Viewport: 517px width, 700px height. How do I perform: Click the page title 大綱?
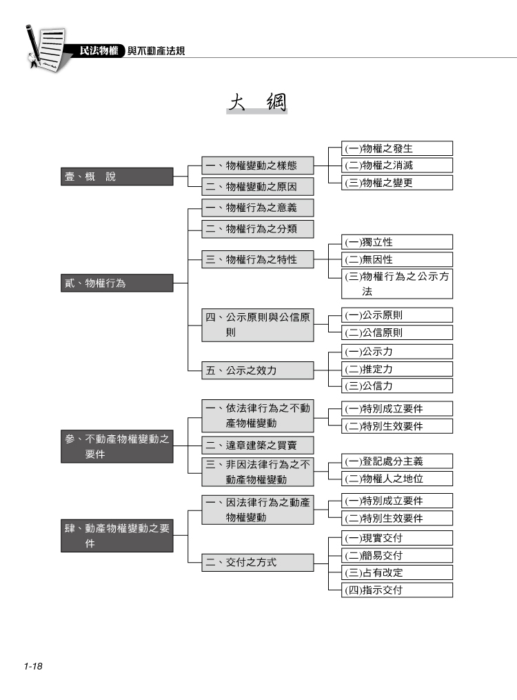point(257,102)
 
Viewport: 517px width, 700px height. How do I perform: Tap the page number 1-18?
point(33,666)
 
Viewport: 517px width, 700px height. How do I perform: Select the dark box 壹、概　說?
point(117,177)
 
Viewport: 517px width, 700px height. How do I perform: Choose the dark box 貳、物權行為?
point(117,283)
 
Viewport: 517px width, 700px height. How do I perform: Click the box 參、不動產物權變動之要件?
point(117,446)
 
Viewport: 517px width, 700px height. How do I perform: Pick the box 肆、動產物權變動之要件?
point(117,536)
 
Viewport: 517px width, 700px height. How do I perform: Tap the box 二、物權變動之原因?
point(258,187)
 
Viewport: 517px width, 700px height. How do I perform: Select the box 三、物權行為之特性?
point(258,259)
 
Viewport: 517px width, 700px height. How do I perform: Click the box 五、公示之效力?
point(258,370)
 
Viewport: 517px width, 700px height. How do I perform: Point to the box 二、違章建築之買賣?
point(258,445)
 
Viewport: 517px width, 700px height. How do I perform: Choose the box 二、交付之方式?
point(258,563)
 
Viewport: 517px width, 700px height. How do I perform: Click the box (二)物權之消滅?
point(397,166)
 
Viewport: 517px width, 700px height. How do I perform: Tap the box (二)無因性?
point(397,259)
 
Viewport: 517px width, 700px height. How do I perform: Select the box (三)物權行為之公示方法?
point(397,284)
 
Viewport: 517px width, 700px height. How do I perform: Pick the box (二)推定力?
point(397,369)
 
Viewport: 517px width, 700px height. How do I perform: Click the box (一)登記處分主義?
point(397,461)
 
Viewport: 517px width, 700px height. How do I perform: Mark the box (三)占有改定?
point(397,573)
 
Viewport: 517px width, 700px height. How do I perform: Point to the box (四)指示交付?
point(397,590)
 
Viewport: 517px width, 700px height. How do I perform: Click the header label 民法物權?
point(99,51)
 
